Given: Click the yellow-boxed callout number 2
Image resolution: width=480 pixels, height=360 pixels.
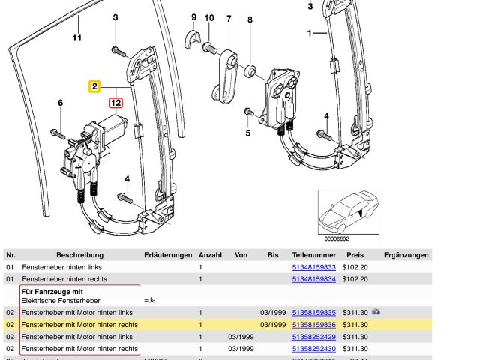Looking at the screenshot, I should pos(94,87).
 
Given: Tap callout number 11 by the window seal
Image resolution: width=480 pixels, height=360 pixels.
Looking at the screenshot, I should pos(76,37).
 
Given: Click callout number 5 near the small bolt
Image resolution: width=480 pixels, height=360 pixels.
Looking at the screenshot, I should pos(248,135).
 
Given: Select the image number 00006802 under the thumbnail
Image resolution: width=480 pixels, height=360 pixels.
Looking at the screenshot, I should pos(336,239).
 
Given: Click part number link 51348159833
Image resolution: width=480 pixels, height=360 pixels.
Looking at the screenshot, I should pos(313,267).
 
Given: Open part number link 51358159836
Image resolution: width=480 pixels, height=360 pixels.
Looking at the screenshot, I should pos(313,325).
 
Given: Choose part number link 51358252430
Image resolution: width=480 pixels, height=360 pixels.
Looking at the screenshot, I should pos(313,349).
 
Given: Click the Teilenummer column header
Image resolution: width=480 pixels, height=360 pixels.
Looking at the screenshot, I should pos(313,255).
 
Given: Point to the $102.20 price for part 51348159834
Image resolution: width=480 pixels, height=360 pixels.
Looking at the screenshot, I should pos(353,279).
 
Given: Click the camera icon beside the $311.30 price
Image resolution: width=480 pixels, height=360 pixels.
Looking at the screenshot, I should pos(376,311).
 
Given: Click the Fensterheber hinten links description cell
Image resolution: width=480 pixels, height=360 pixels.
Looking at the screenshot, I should pos(61,267).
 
